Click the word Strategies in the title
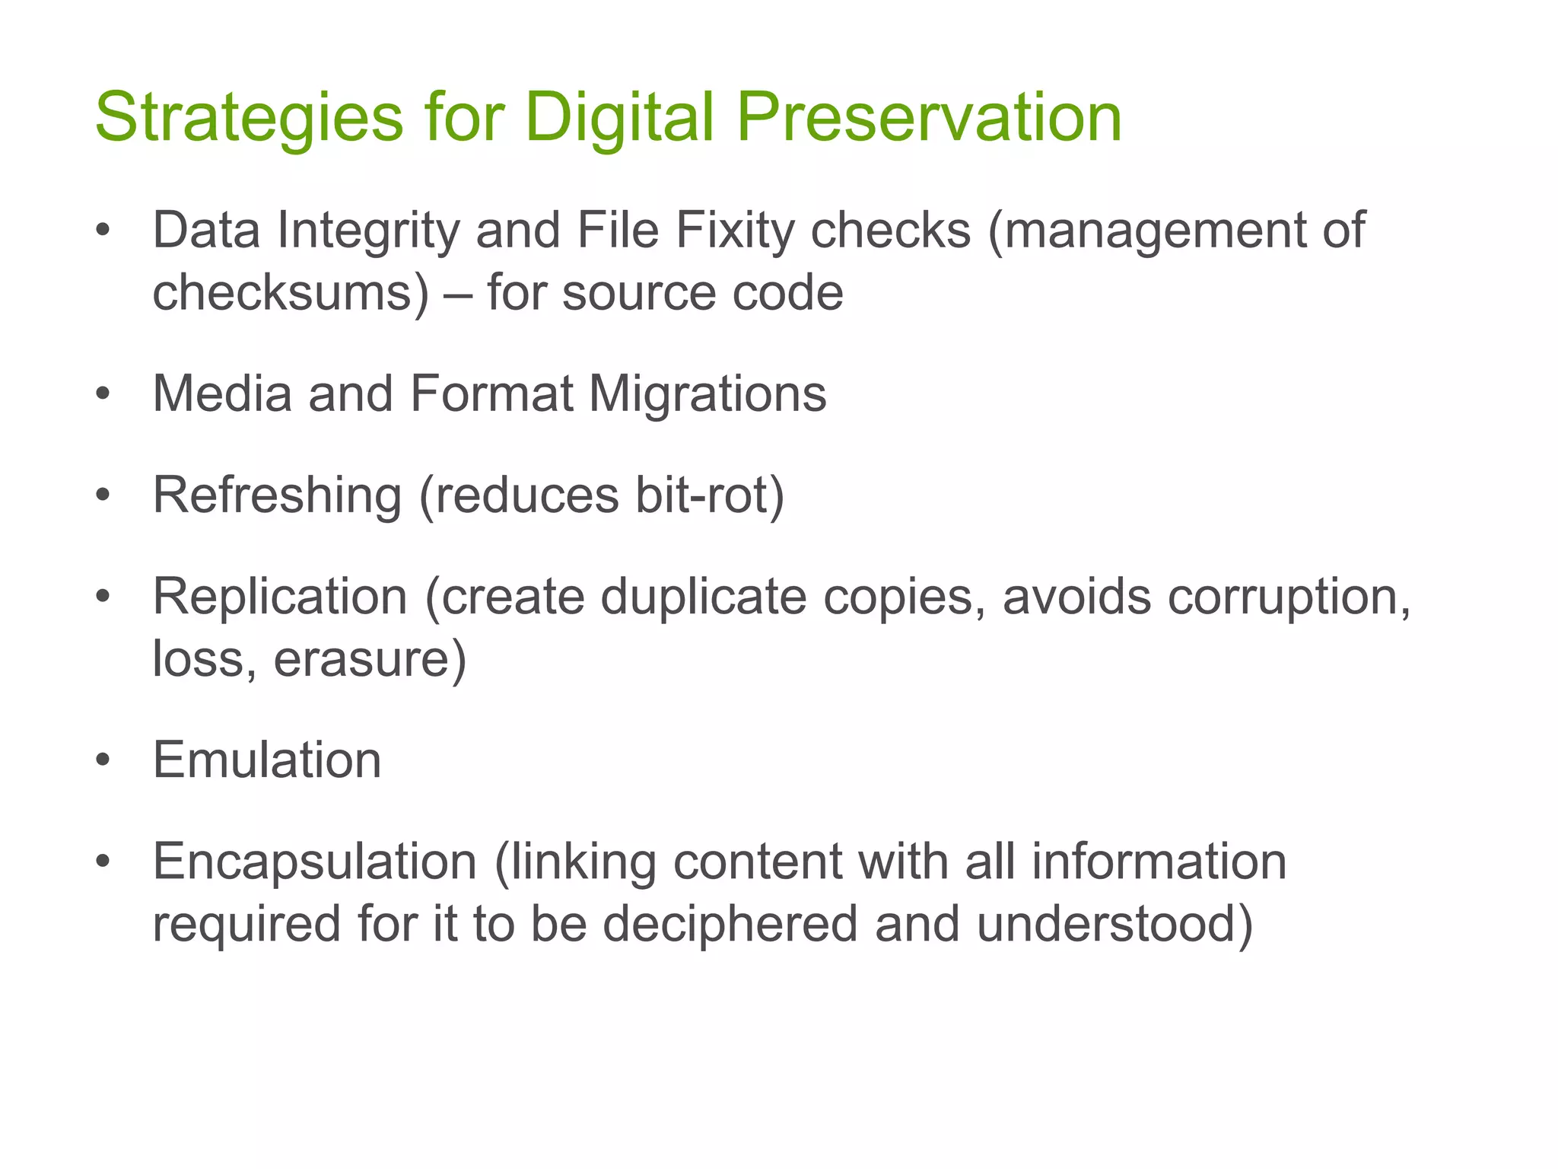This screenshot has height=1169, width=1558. coord(249,118)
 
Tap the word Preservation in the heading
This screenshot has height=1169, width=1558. coord(929,118)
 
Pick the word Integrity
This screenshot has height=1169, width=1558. coord(368,231)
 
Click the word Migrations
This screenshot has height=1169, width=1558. coord(707,394)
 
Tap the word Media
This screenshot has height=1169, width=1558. coord(222,394)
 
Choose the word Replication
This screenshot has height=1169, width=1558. coord(281,597)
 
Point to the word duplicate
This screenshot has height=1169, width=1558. coord(704,597)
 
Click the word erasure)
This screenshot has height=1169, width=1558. coord(370,659)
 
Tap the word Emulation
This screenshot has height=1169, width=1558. coord(267,760)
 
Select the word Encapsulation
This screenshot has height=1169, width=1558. coord(315,862)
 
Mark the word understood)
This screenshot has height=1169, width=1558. coord(1114,924)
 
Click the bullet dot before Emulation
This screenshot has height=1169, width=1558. coord(103,760)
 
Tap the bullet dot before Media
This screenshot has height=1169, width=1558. coord(103,394)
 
